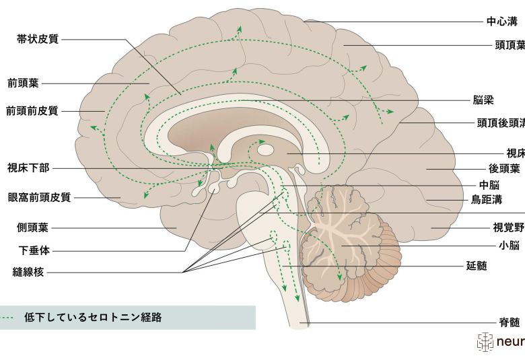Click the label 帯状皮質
click(x=38, y=39)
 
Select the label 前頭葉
click(x=23, y=83)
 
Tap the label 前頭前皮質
click(x=32, y=111)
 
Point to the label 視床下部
click(x=28, y=168)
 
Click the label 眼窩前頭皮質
click(x=40, y=197)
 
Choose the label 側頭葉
click(x=32, y=227)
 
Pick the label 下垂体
click(x=34, y=250)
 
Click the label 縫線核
click(x=28, y=272)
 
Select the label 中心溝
click(x=502, y=22)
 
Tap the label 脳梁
click(x=483, y=100)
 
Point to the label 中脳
click(x=489, y=185)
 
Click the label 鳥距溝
click(x=487, y=200)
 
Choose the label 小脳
click(x=509, y=246)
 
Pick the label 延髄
click(x=477, y=266)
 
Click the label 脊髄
click(x=510, y=322)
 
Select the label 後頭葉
click(x=504, y=168)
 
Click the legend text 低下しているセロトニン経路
click(x=93, y=317)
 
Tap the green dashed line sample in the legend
click(x=7, y=317)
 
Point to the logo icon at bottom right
click(x=485, y=342)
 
